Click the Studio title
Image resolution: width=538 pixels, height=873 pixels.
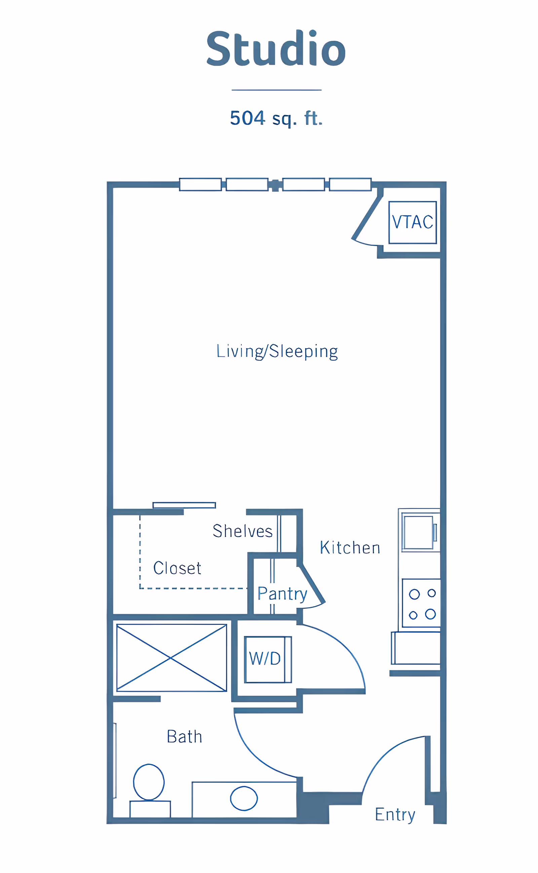(x=276, y=48)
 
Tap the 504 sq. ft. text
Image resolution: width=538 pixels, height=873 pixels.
(x=276, y=118)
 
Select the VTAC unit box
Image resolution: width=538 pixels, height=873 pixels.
(x=412, y=222)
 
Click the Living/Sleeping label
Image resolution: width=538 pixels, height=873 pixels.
(x=277, y=351)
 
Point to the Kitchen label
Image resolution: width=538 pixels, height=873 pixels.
(x=350, y=547)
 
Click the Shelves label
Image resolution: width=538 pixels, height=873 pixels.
(x=242, y=531)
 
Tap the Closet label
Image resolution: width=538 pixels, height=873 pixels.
(x=177, y=568)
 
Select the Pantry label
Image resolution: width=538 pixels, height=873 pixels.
(x=282, y=594)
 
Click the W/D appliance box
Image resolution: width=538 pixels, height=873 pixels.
(x=268, y=659)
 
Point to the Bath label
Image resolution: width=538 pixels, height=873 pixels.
(x=184, y=736)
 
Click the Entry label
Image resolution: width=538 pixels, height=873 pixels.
(x=395, y=814)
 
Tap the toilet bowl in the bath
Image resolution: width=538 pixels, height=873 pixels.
(x=149, y=781)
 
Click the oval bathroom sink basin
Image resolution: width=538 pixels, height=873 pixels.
(x=244, y=798)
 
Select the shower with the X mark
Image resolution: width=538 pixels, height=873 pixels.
(x=171, y=658)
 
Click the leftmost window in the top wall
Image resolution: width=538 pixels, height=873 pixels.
(x=200, y=184)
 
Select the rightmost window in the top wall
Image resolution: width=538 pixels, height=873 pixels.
(x=350, y=184)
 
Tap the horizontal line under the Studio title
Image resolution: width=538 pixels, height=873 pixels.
(x=276, y=90)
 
